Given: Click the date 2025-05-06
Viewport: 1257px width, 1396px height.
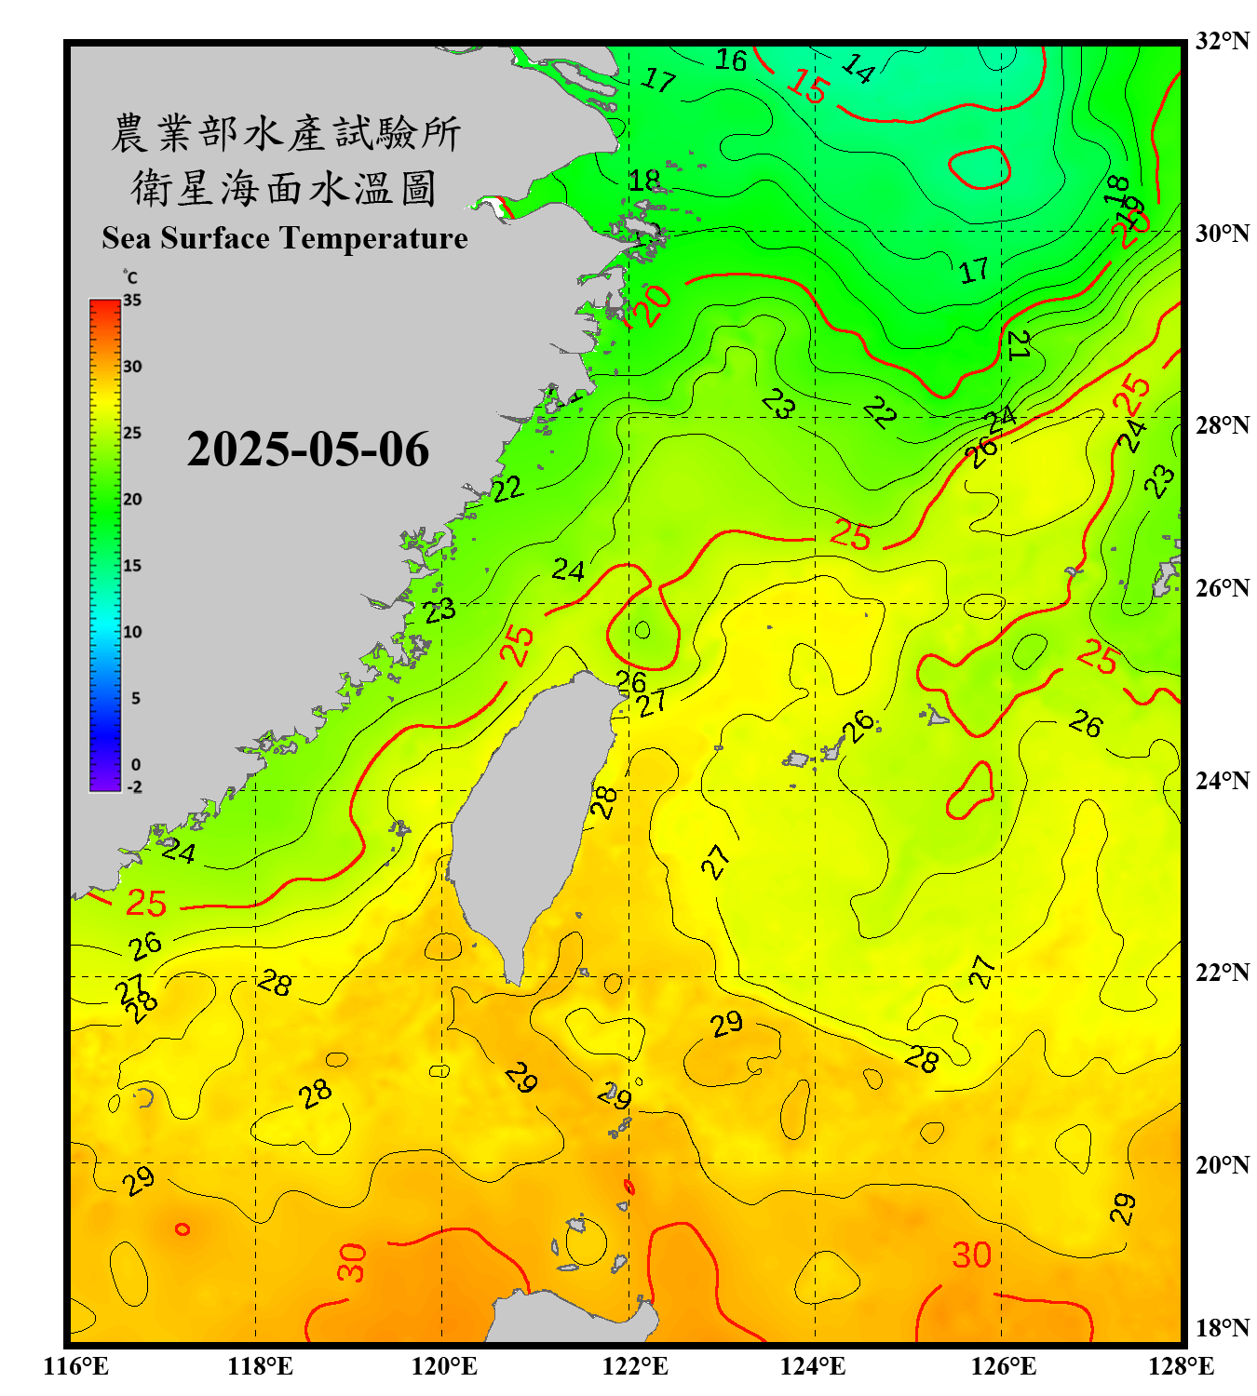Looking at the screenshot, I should (x=307, y=450).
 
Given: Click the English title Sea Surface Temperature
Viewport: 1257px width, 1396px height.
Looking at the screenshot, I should (x=285, y=238).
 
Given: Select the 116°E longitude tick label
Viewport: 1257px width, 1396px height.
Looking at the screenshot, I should (x=77, y=1366).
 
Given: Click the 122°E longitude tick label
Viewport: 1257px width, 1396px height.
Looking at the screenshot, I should (x=636, y=1366).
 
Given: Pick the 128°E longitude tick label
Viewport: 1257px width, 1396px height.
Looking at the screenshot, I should (x=1181, y=1366).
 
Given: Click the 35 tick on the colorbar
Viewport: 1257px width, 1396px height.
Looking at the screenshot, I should (x=132, y=300).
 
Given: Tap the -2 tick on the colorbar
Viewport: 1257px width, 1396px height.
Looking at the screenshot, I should (x=134, y=786).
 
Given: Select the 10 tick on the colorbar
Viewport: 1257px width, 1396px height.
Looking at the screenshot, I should (x=132, y=632).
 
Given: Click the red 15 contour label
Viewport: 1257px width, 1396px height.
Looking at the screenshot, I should (x=806, y=87).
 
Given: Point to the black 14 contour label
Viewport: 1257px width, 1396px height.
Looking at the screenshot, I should (x=858, y=68).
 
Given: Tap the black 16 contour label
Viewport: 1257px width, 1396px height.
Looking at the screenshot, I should (x=731, y=60).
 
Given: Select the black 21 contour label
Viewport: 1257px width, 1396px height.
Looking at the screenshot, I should (x=1019, y=345).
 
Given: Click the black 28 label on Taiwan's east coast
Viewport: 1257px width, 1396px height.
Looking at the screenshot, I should (x=604, y=801).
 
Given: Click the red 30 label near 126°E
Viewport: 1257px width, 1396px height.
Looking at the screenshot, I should (x=971, y=1255).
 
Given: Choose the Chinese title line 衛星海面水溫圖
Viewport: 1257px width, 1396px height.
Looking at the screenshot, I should (x=284, y=189).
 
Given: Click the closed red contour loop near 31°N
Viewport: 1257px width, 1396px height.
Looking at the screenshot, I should (x=980, y=168).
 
